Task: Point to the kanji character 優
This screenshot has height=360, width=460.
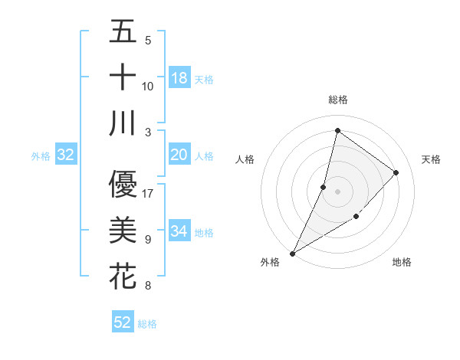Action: click(x=123, y=184)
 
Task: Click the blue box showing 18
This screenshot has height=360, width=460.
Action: click(x=179, y=77)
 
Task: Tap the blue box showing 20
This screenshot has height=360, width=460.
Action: click(x=179, y=155)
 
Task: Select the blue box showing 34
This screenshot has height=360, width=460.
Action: click(x=179, y=231)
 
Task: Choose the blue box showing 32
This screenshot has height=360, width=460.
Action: click(x=66, y=155)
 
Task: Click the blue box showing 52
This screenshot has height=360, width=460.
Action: click(x=123, y=322)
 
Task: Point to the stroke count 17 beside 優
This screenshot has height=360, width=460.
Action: click(x=148, y=193)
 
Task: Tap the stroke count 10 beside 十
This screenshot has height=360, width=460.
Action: click(x=148, y=86)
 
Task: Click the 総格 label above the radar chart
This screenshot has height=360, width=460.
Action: click(x=337, y=100)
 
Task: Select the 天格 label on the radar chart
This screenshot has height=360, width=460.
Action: click(x=431, y=159)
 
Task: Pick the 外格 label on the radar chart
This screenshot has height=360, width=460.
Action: click(x=270, y=262)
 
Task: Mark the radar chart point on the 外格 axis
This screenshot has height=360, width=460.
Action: click(x=292, y=253)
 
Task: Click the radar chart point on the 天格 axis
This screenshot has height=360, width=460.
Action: click(x=396, y=172)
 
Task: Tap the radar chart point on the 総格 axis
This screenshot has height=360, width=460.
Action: click(x=337, y=131)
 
